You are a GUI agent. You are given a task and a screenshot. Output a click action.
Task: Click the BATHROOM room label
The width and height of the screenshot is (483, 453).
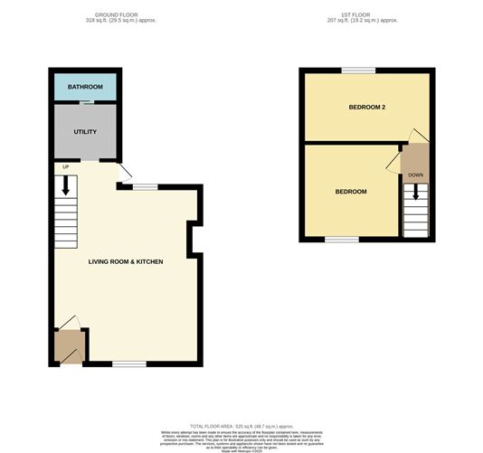(x=85, y=88)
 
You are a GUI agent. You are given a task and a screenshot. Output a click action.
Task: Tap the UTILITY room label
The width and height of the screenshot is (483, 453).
(x=85, y=132)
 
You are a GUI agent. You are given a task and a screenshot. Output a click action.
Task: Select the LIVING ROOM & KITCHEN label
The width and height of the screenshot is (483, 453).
(x=126, y=261)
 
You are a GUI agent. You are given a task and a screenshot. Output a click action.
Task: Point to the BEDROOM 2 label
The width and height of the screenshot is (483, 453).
(x=368, y=108)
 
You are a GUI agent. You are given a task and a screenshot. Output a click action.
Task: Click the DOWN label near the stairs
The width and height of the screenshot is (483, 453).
(x=415, y=175)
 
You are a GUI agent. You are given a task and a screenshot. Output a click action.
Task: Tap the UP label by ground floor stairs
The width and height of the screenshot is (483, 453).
(x=65, y=167)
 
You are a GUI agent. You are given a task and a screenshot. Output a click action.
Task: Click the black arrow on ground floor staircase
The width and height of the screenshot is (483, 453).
(x=66, y=186)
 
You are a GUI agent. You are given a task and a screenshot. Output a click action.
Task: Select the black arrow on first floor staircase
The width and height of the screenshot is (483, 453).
(x=416, y=193)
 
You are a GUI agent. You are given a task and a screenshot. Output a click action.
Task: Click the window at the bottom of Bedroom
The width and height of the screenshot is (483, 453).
(x=340, y=240)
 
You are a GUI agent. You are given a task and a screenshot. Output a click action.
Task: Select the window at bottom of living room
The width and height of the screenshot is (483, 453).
(x=129, y=363)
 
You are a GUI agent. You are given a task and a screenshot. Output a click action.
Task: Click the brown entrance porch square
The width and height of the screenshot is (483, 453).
(x=69, y=345)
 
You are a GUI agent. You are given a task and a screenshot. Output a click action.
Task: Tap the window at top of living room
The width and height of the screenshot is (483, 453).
(x=145, y=186)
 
